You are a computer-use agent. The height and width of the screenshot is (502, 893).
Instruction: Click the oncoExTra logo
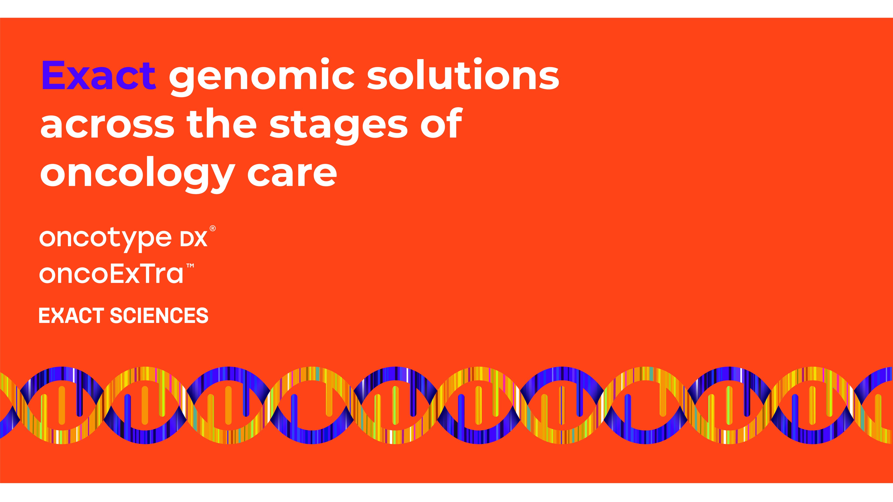pyautogui.click(x=111, y=274)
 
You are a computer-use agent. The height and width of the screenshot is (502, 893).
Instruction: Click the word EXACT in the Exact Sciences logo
pyautogui.click(x=71, y=316)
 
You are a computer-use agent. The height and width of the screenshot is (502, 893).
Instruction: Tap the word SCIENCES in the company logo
pyautogui.click(x=159, y=316)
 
